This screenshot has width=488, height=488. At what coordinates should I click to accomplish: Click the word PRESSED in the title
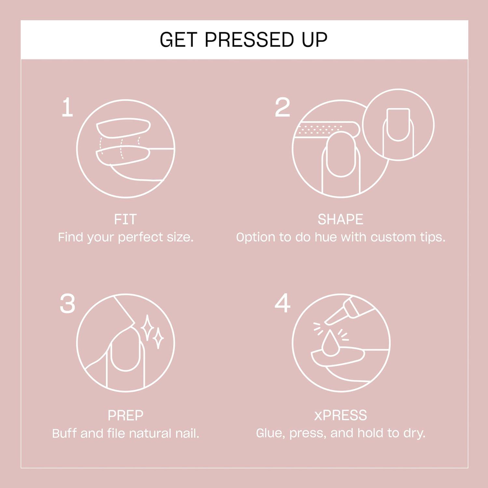pyautogui.click(x=249, y=40)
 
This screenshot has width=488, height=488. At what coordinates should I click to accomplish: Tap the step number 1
pyautogui.click(x=67, y=107)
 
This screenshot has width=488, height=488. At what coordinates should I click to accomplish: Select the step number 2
pyautogui.click(x=282, y=107)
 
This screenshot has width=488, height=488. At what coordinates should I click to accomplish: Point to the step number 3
pyautogui.click(x=67, y=304)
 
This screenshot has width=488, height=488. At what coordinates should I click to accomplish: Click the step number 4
pyautogui.click(x=282, y=303)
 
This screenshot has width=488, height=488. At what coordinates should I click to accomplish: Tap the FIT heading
pyautogui.click(x=125, y=219)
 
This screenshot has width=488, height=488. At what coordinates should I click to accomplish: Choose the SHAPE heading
pyautogui.click(x=340, y=219)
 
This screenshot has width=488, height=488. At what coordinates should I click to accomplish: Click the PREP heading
pyautogui.click(x=125, y=415)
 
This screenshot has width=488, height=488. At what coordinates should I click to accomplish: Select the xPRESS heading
pyautogui.click(x=340, y=415)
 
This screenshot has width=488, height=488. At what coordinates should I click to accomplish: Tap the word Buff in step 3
pyautogui.click(x=64, y=433)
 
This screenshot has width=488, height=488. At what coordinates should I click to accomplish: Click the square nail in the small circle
pyautogui.click(x=398, y=124)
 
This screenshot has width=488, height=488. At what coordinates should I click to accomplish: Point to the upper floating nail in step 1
pyautogui.click(x=124, y=128)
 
